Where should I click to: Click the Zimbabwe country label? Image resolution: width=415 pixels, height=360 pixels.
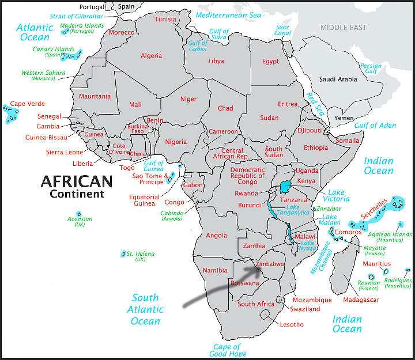tap(270, 264)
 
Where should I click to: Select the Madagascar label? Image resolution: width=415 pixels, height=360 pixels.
tap(360, 300)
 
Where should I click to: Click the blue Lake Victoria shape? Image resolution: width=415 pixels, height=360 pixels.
tap(285, 188)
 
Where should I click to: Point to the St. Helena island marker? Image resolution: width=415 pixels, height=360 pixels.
tap(123, 253)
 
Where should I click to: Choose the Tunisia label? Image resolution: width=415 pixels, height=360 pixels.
tap(165, 20)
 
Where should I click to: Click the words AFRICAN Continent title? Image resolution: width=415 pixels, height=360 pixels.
tap(76, 187)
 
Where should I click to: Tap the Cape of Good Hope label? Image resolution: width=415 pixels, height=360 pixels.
tap(227, 351)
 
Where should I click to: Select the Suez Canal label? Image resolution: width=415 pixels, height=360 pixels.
tap(283, 30)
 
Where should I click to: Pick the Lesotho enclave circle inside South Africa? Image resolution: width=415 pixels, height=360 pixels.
tap(266, 314)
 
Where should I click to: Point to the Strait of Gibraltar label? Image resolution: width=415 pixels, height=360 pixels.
tap(76, 16)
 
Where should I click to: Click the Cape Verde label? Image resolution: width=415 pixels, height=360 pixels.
tap(27, 104)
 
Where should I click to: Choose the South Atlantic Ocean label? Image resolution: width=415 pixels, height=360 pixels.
tap(145, 309)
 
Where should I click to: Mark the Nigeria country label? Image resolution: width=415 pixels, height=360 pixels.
tap(176, 142)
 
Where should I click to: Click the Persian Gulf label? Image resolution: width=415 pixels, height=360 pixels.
tap(371, 70)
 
